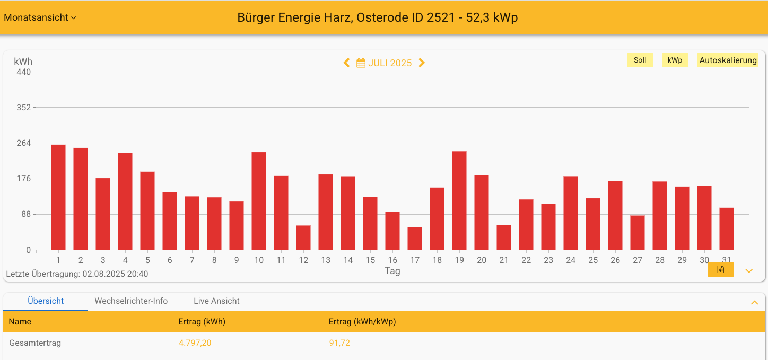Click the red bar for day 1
coord(58,197)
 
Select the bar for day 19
coord(459,200)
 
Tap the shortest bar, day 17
coord(415,239)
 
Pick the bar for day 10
coord(259,201)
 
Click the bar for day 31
coord(727,229)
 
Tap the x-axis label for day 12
coord(303,260)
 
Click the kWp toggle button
coord(675,60)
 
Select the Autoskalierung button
coord(728,60)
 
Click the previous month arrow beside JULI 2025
coord(347,63)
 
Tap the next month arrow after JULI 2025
coord(422,63)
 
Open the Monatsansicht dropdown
coord(40,17)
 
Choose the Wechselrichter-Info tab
coord(131,301)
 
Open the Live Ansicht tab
coord(216,301)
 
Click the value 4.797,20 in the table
coord(195,343)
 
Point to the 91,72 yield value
coord(339,343)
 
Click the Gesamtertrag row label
coord(35,343)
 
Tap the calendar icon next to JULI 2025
coord(361,63)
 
